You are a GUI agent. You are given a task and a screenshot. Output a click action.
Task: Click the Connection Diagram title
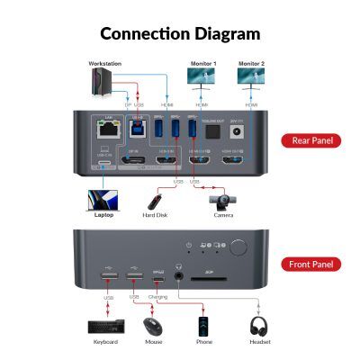coord(180,34)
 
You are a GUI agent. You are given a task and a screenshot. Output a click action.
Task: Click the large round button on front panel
coord(239,247)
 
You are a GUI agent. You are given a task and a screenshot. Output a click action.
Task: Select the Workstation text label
coord(104,64)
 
